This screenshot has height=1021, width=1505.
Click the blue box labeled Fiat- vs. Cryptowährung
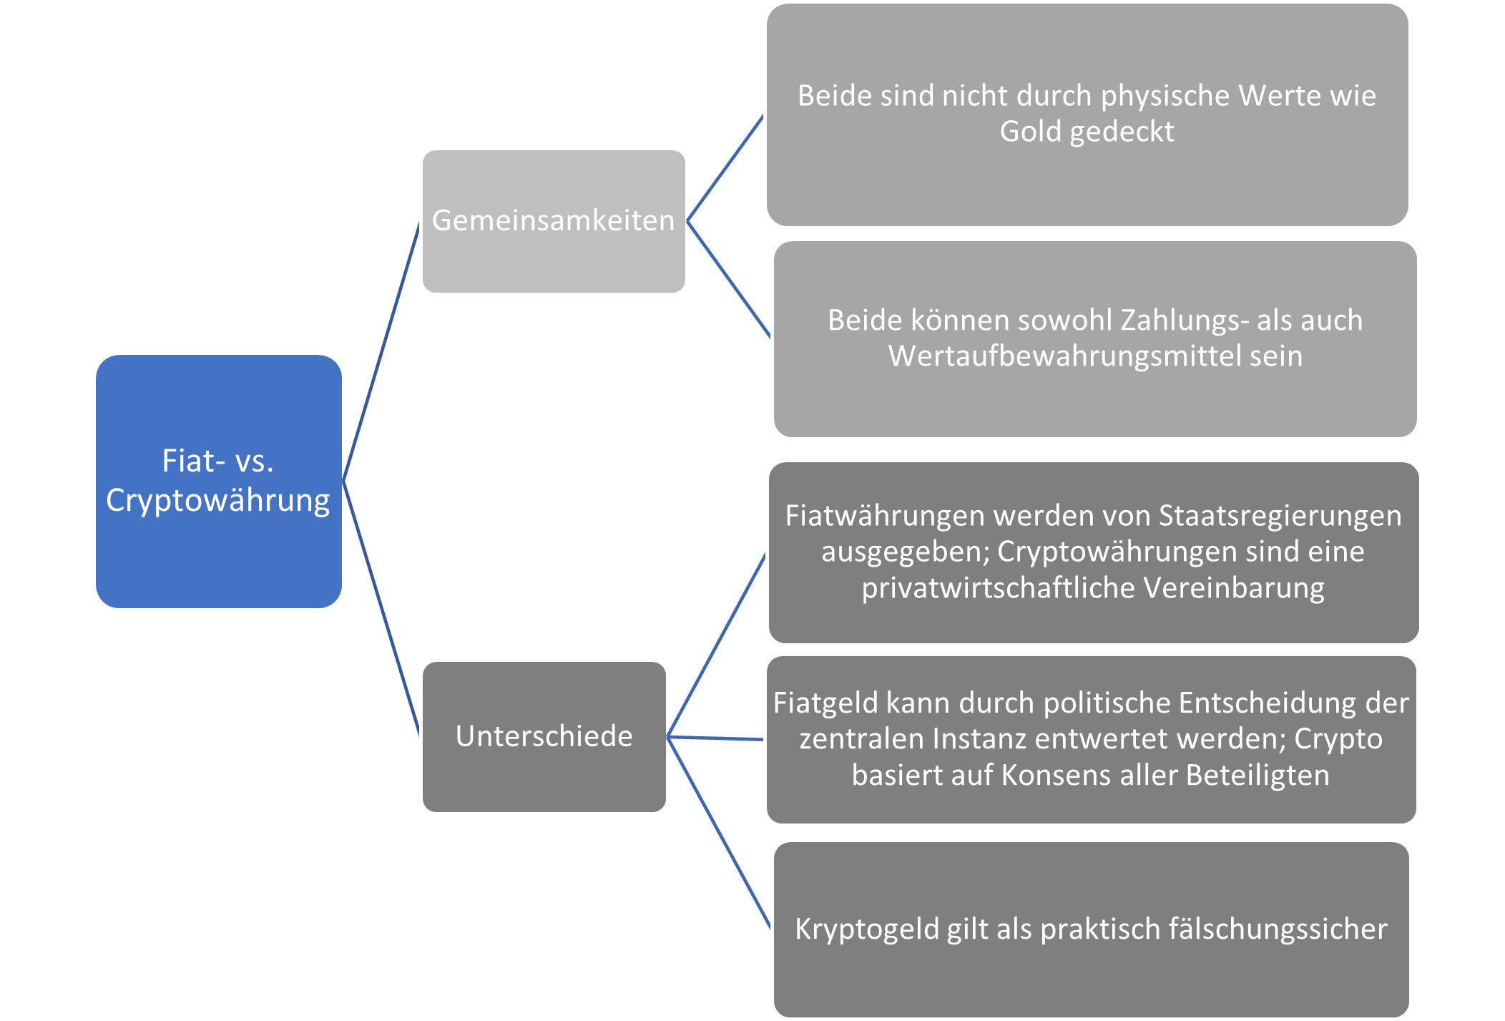tap(219, 481)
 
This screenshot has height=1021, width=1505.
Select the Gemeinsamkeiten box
tap(554, 221)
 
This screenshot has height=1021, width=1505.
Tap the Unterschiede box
tap(544, 736)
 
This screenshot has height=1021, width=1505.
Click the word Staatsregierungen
tap(1280, 516)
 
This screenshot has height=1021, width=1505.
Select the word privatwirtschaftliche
tap(998, 588)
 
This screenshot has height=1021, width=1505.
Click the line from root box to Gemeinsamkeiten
tap(382, 351)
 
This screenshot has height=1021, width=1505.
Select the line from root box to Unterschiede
tap(382, 608)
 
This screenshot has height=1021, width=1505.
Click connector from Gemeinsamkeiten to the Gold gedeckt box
tap(725, 168)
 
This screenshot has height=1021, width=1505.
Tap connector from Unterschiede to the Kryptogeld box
tap(719, 834)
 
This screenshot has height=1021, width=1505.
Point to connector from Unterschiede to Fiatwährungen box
tap(716, 645)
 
